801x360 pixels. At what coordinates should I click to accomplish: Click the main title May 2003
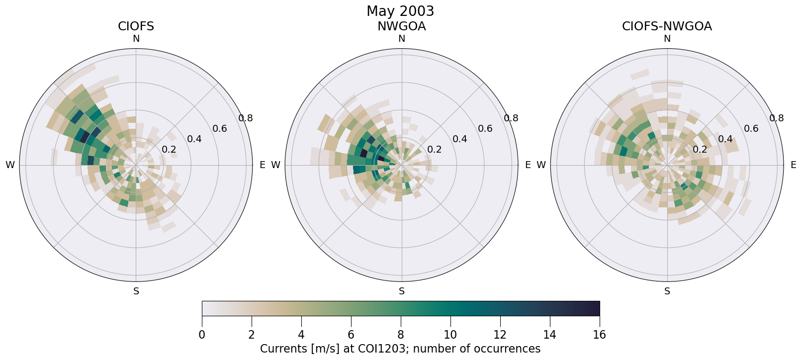click(400, 11)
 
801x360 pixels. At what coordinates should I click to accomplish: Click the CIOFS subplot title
click(136, 26)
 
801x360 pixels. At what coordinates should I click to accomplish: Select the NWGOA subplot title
click(401, 26)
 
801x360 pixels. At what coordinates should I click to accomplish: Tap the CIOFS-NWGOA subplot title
click(667, 26)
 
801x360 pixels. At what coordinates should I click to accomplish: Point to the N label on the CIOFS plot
click(136, 39)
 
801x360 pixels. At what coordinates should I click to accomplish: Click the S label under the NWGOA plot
click(402, 291)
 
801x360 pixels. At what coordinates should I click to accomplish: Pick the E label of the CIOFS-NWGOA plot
click(793, 165)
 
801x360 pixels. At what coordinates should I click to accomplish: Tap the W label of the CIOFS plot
click(10, 165)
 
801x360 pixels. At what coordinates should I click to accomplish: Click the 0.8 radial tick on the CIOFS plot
click(246, 118)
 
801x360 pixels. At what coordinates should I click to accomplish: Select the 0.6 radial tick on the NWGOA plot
click(485, 129)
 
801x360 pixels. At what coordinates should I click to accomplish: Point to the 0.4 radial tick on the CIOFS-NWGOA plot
click(725, 139)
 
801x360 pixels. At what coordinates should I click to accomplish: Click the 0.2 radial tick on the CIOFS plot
click(169, 150)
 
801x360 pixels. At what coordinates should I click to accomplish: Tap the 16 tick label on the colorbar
click(599, 335)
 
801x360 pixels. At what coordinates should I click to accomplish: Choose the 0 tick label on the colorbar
click(202, 335)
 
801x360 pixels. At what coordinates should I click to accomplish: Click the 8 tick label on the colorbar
click(401, 335)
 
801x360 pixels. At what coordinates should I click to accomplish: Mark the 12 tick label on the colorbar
click(500, 335)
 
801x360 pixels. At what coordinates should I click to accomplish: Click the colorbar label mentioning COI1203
click(400, 349)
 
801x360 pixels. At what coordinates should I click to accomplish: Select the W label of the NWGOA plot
click(275, 165)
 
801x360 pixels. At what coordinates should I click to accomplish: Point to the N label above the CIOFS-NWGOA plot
click(667, 39)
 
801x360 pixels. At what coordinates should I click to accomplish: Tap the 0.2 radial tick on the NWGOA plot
click(435, 150)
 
